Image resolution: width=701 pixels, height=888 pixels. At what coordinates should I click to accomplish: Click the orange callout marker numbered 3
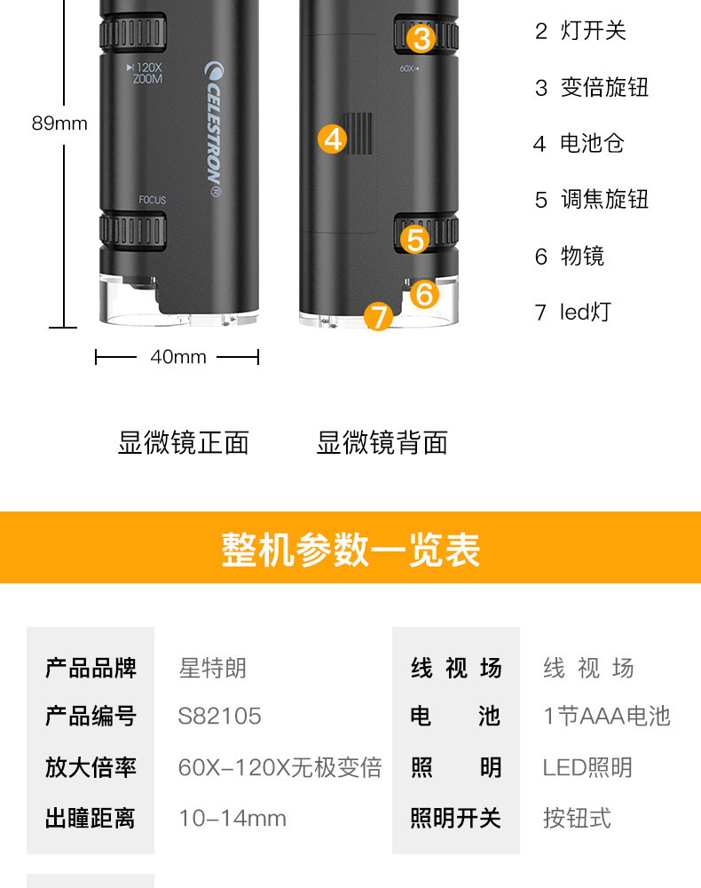tap(421, 38)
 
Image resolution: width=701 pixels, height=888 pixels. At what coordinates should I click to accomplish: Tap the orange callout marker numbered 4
tap(332, 139)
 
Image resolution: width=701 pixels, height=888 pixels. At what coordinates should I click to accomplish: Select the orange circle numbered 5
tap(414, 240)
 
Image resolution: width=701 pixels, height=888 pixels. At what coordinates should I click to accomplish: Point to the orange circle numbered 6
tap(424, 295)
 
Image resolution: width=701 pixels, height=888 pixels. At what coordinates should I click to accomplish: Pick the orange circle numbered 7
tap(379, 317)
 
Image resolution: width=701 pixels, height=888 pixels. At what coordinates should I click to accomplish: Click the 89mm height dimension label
tap(59, 123)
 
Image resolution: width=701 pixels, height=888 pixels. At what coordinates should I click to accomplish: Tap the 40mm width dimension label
tap(178, 357)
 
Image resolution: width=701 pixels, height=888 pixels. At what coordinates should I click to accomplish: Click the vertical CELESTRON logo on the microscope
tap(214, 129)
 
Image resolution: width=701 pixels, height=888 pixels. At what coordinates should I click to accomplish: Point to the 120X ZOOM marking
tap(145, 73)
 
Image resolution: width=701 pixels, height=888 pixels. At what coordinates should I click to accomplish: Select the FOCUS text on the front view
tap(153, 200)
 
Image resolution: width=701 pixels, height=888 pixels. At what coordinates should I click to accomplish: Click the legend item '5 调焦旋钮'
tap(591, 199)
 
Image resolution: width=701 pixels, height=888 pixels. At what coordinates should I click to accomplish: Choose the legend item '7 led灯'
tap(572, 312)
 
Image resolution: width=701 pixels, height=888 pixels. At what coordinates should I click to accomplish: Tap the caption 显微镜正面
tap(184, 442)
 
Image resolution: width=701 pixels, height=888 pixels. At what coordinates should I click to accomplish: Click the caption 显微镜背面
tap(382, 442)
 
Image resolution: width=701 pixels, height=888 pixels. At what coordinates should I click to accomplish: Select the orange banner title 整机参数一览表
tap(350, 549)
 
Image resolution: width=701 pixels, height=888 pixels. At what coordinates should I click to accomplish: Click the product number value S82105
tap(219, 716)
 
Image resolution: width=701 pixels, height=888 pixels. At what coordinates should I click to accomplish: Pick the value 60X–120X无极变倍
tap(280, 767)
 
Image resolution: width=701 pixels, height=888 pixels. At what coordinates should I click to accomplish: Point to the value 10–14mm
tap(232, 819)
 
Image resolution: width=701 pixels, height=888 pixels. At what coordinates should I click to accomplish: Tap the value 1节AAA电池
tap(607, 716)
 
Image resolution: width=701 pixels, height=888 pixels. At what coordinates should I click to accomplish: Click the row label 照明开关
tap(455, 819)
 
